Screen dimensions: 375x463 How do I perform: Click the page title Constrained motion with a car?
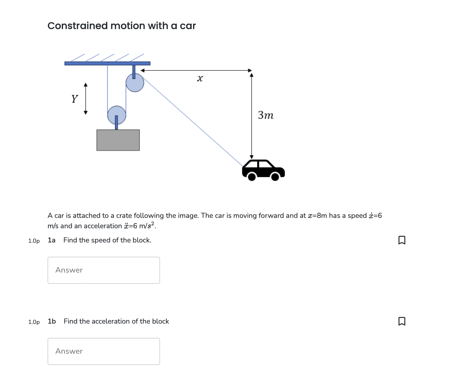(122, 26)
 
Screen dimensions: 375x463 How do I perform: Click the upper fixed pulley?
(135, 83)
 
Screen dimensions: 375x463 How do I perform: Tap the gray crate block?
(118, 140)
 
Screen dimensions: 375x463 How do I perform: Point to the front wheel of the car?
(275, 177)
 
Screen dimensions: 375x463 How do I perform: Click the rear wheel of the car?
(252, 177)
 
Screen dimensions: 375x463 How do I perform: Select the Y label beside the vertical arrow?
(75, 99)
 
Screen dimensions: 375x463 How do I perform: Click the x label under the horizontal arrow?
(200, 79)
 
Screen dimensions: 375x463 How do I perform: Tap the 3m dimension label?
(266, 115)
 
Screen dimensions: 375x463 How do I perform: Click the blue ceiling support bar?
(107, 63)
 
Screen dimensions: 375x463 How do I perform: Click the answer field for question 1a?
(103, 270)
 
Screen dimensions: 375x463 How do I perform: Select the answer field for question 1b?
(103, 351)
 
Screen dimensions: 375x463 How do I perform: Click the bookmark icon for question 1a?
(402, 240)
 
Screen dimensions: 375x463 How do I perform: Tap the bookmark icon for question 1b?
(402, 321)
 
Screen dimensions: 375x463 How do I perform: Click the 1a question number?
(51, 240)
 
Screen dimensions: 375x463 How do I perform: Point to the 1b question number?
(52, 321)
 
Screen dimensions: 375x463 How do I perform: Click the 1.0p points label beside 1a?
(34, 241)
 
